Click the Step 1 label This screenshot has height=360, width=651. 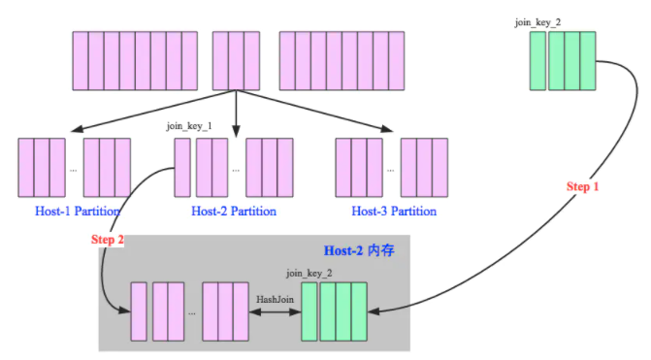click(x=582, y=186)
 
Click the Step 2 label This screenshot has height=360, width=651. click(x=107, y=240)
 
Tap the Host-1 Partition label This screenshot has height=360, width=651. click(x=78, y=211)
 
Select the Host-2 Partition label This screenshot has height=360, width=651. click(x=234, y=211)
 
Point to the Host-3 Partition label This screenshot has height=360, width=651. click(x=394, y=211)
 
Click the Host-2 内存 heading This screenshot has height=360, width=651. click(x=359, y=250)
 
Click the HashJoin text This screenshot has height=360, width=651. click(x=275, y=300)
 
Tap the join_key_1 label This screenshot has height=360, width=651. click(x=189, y=126)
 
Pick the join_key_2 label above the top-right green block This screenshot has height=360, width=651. click(x=537, y=22)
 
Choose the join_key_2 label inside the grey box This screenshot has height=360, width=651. click(x=309, y=274)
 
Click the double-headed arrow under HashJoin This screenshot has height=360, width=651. click(x=275, y=311)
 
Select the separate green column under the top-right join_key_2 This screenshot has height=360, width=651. click(x=537, y=61)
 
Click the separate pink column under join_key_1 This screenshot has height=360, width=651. click(x=182, y=167)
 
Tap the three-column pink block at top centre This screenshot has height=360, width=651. click(x=236, y=61)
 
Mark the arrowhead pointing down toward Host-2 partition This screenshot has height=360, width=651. click(x=236, y=132)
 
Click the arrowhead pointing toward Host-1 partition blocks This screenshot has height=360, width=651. click(x=77, y=129)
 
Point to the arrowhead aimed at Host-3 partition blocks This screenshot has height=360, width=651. click(x=387, y=129)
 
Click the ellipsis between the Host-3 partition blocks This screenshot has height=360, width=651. click(x=391, y=170)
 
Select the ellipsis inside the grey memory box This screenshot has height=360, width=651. click(x=192, y=313)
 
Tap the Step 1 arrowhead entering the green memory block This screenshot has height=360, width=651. click(x=374, y=311)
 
